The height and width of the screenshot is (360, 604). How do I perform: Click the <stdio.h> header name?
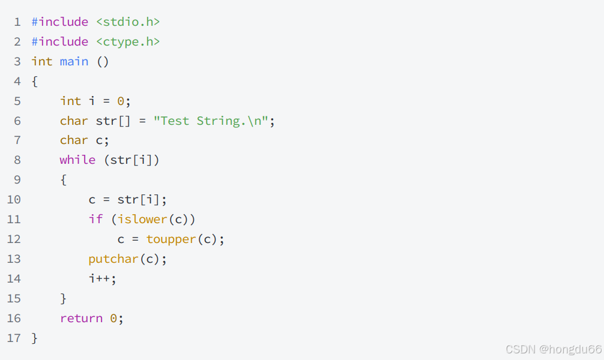coord(128,22)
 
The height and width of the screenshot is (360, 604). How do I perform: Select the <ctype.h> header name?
coord(128,42)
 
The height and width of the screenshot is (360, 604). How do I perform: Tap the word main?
coord(74,62)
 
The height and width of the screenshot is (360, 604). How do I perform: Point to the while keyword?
coord(77,160)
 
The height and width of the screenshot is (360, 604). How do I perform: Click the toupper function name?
coord(171,239)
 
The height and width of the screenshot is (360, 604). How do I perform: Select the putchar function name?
coord(113,259)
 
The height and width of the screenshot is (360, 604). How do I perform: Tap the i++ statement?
coord(103,279)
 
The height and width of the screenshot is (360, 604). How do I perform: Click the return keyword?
coord(81,319)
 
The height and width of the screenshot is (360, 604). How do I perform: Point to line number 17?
coord(14,338)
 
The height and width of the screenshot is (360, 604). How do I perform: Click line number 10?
coord(14,200)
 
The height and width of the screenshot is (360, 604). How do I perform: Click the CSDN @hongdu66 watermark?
coord(553,349)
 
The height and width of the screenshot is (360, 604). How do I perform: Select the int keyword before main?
coord(42,62)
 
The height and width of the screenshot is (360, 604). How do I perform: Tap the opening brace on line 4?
coord(35,82)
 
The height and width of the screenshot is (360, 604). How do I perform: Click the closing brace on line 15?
coord(64,299)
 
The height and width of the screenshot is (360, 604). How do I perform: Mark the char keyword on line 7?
coord(74,140)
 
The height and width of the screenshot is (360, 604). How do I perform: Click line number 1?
coord(17,22)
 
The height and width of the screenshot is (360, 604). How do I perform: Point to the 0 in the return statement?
coord(113,319)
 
